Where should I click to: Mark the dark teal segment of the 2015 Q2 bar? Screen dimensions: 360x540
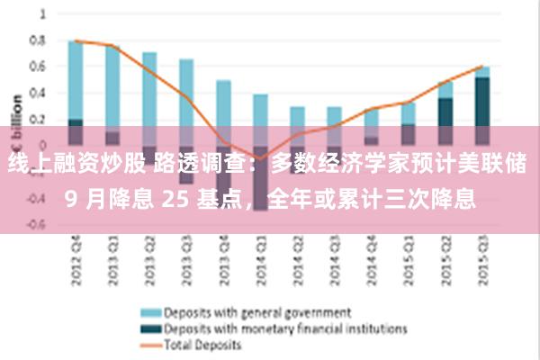click(445, 112)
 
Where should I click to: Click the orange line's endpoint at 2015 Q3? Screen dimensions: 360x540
click(483, 66)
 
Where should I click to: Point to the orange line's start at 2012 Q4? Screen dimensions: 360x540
click(76, 40)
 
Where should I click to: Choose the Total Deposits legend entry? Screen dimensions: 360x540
click(202, 344)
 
